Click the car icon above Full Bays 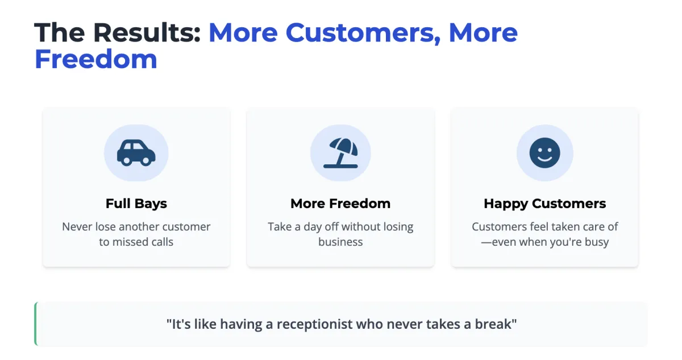coord(136,152)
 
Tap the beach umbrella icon coord(340,153)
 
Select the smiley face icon coord(544,153)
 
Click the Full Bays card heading coord(136,204)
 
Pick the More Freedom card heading coord(340,204)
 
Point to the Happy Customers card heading coord(544,204)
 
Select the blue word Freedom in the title coord(96,59)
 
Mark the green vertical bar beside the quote coord(36,324)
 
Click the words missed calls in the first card coord(143,242)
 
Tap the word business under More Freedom coord(340,242)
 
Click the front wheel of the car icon coord(146,160)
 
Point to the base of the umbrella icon coord(340,166)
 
